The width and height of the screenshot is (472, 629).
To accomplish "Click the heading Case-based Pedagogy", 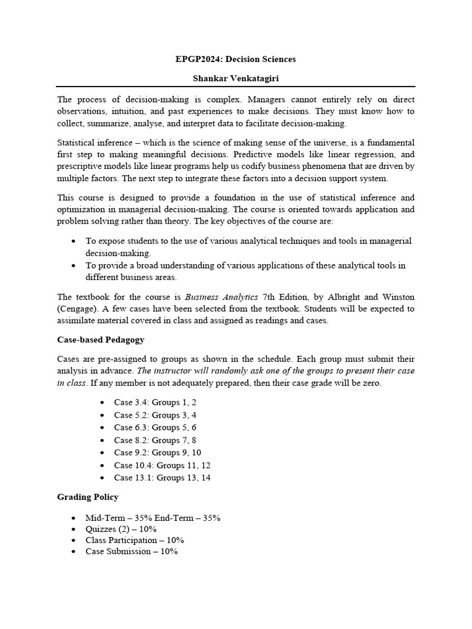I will [101, 339].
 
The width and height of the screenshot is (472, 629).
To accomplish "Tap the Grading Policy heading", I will [88, 496].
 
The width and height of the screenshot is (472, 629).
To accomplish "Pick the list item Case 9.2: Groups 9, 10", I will [157, 453].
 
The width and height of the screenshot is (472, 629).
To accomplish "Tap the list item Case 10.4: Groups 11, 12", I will [162, 465].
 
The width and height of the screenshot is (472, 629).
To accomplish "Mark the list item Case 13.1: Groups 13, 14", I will [162, 477].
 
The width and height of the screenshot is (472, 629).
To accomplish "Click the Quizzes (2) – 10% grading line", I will [122, 529].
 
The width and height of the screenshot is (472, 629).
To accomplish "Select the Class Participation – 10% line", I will [135, 540].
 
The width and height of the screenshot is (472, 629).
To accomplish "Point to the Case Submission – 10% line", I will [132, 552].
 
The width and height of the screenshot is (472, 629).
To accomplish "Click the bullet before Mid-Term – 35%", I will [74, 518].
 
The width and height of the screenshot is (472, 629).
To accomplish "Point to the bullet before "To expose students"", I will [74, 241].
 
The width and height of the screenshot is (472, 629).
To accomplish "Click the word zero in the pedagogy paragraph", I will [370, 383].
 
